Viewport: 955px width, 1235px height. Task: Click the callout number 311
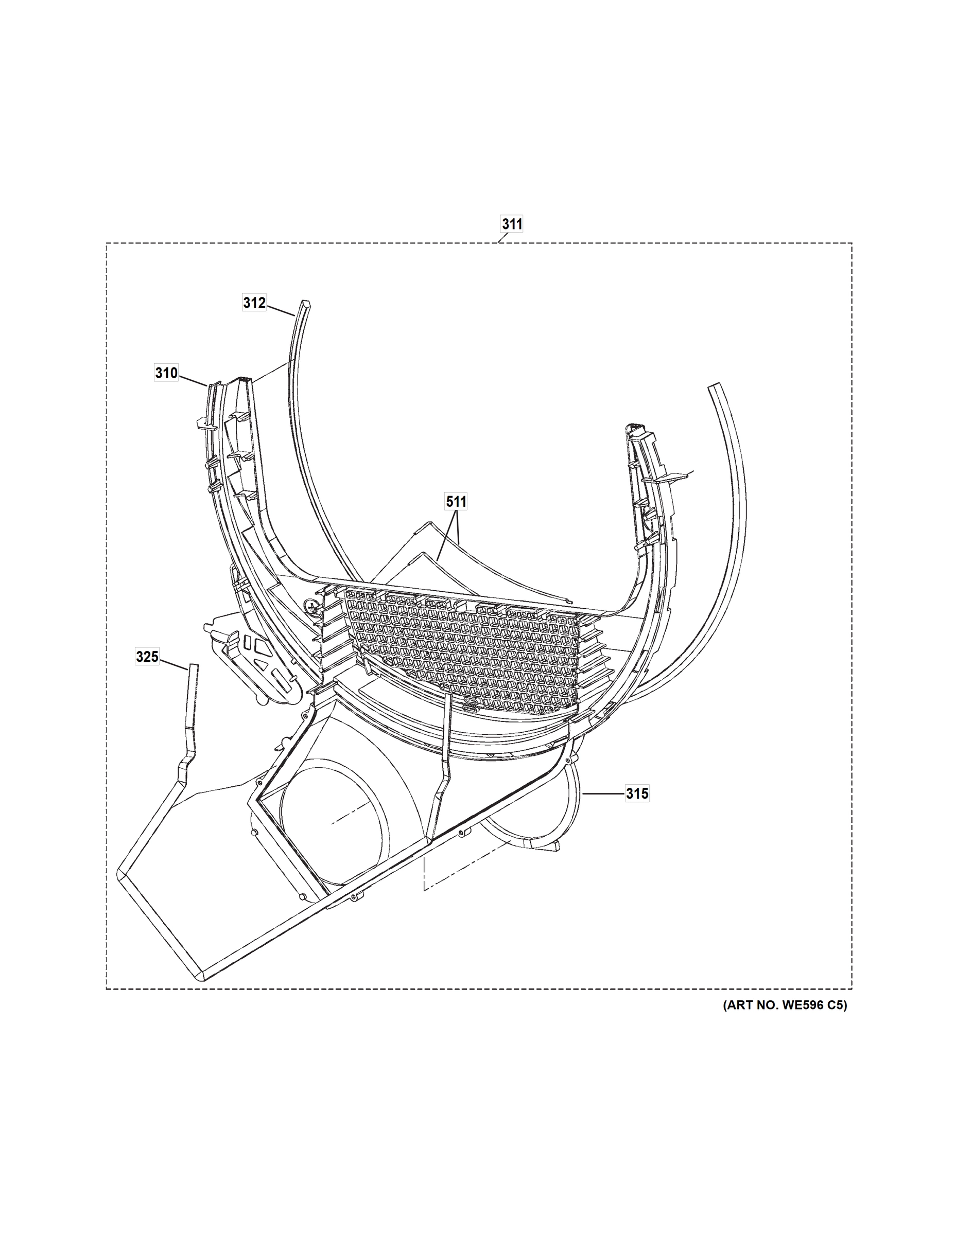coord(512,224)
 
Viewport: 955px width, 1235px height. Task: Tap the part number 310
coord(166,373)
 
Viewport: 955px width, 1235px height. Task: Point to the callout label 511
coord(456,502)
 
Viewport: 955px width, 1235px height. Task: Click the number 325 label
coord(147,657)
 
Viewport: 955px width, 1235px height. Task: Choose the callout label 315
coord(637,794)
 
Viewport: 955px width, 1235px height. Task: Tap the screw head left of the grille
coord(310,606)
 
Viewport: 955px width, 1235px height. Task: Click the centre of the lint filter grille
coord(461,650)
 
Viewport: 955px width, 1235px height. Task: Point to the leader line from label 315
coord(604,794)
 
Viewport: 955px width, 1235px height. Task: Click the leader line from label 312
coord(281,309)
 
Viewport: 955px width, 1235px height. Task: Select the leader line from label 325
coord(173,663)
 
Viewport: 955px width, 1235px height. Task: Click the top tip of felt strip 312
coord(305,304)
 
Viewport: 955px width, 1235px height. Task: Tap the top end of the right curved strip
coord(715,387)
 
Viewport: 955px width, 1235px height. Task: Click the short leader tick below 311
coord(502,239)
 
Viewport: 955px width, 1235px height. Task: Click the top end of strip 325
coord(194,668)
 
